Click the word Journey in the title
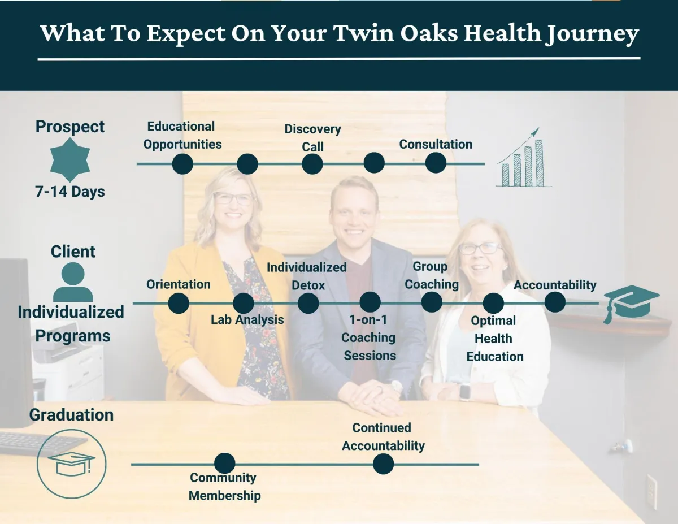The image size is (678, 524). tap(592, 34)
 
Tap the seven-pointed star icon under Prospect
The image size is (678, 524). tap(70, 160)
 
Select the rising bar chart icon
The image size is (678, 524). tap(524, 158)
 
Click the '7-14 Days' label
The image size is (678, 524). tap(70, 192)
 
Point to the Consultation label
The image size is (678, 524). tap(436, 144)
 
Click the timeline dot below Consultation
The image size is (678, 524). tap(436, 163)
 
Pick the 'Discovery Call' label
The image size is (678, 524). tap(312, 137)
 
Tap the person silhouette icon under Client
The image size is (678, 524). tap(73, 282)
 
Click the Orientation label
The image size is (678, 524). tap(179, 284)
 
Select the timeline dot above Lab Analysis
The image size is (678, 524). tap(244, 303)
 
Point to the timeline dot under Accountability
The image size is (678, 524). tap(555, 302)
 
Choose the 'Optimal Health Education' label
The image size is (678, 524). tap(494, 339)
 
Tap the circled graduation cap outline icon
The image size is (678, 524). tap(71, 464)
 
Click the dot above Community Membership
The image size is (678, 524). tap(225, 464)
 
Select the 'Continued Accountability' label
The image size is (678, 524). tap(383, 436)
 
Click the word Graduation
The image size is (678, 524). tap(71, 415)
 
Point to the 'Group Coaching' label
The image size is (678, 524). tap(432, 275)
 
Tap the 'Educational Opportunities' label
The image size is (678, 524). tap(182, 135)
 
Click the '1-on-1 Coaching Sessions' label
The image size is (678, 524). tap(369, 337)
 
